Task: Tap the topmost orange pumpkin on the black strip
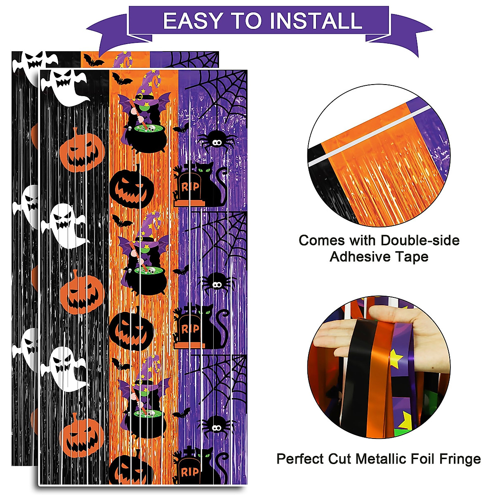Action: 80,149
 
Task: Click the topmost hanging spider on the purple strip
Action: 217,141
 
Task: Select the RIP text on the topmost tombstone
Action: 190,187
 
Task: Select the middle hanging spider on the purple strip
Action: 217,283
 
